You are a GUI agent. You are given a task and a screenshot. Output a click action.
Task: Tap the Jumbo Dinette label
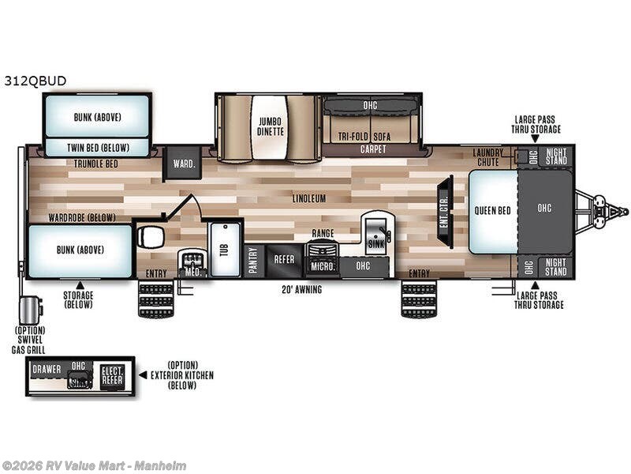pyautogui.click(x=270, y=126)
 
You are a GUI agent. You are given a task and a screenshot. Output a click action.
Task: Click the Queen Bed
pyautogui.click(x=492, y=211)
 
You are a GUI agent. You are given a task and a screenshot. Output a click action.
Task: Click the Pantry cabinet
pyautogui.click(x=253, y=260)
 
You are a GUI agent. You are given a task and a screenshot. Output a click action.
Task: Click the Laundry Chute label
pyautogui.click(x=489, y=156)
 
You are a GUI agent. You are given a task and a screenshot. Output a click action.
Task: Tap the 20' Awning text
pyautogui.click(x=301, y=290)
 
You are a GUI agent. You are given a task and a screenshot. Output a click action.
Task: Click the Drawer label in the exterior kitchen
pyautogui.click(x=47, y=369)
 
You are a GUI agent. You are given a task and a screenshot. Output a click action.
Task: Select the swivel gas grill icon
pyautogui.click(x=31, y=308)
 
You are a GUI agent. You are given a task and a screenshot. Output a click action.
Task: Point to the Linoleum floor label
pyautogui.click(x=308, y=199)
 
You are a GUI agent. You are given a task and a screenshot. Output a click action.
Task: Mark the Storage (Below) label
pyautogui.click(x=78, y=299)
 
